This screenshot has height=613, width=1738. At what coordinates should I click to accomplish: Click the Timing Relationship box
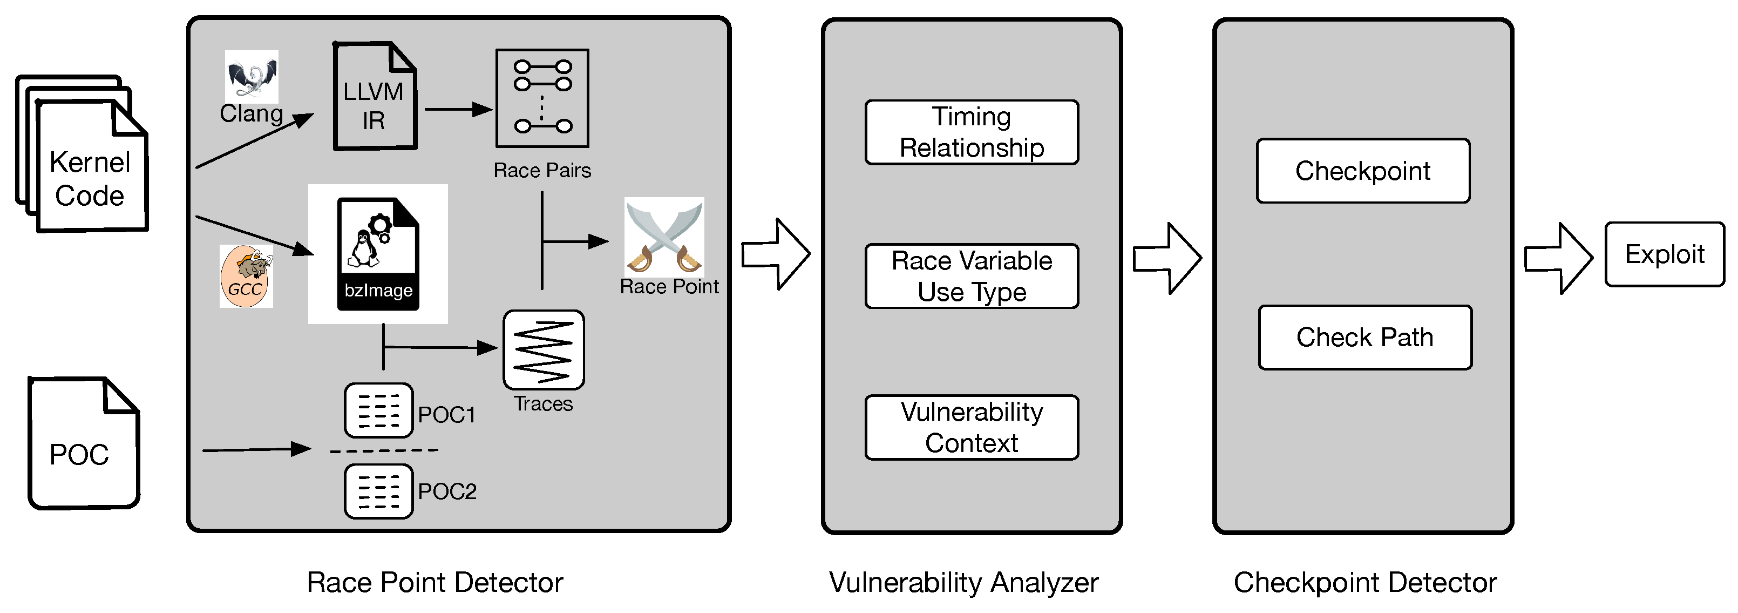(x=972, y=132)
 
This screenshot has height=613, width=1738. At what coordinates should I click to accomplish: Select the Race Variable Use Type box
(x=972, y=276)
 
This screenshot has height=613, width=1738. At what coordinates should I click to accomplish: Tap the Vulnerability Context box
(x=972, y=427)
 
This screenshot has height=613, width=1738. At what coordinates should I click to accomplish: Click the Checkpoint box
(x=1363, y=171)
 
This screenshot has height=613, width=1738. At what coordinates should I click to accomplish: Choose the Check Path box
(x=1364, y=338)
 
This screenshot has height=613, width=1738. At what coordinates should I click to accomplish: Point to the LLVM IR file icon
(x=375, y=97)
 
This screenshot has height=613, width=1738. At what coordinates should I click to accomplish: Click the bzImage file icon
(x=378, y=254)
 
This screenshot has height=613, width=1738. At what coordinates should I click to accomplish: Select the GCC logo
(x=246, y=277)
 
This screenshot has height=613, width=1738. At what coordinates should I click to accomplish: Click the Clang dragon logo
(x=251, y=76)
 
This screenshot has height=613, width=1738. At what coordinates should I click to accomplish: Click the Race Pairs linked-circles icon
(x=542, y=98)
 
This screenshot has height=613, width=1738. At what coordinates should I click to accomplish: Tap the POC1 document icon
(x=378, y=410)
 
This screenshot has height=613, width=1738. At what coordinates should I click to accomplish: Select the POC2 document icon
(x=378, y=491)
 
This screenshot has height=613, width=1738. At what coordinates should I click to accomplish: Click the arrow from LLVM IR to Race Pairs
(x=458, y=109)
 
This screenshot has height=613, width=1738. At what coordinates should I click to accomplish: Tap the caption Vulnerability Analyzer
(x=963, y=583)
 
